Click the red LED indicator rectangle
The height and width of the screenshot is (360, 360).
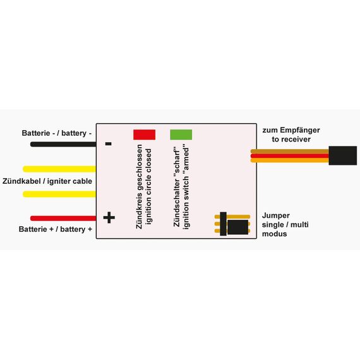tap(144, 135)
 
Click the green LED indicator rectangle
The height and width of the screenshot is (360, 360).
tap(181, 135)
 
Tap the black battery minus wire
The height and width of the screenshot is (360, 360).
tap(63, 144)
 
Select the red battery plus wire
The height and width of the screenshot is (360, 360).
tap(63, 218)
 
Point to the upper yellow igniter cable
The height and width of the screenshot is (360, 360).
tap(59, 169)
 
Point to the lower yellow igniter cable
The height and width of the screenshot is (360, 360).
tap(59, 194)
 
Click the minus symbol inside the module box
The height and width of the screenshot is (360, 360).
tap(109, 144)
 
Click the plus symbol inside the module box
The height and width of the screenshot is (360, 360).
tap(109, 217)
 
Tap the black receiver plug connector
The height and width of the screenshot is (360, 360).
tap(343, 155)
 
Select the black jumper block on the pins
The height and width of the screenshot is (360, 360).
tap(237, 227)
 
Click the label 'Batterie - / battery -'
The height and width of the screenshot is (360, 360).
tap(57, 133)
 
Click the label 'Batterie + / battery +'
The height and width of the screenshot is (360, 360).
tap(56, 229)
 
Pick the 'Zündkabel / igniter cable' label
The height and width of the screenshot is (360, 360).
tap(47, 181)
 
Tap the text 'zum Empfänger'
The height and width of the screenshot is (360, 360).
tap(291, 130)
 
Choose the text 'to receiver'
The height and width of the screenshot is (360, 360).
tap(291, 140)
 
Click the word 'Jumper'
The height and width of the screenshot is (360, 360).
tap(276, 216)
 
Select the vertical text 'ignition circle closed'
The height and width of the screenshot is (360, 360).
tap(149, 186)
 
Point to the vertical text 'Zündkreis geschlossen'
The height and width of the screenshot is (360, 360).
tap(139, 186)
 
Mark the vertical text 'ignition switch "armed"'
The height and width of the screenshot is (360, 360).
tap(186, 187)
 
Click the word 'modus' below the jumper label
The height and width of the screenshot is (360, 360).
tap(274, 234)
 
